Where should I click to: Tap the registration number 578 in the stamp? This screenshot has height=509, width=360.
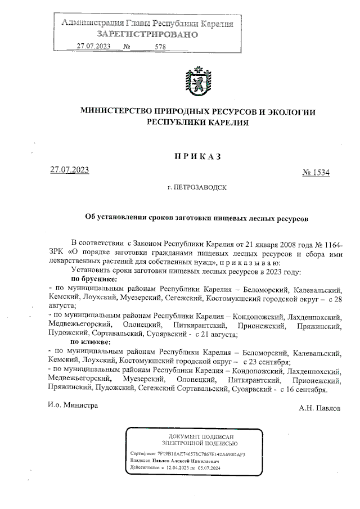coord(160,47)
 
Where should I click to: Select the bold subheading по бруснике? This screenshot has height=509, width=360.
coord(93,279)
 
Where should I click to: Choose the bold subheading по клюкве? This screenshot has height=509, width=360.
coord(90,341)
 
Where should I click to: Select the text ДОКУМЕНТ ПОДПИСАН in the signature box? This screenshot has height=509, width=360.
coord(201,436)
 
